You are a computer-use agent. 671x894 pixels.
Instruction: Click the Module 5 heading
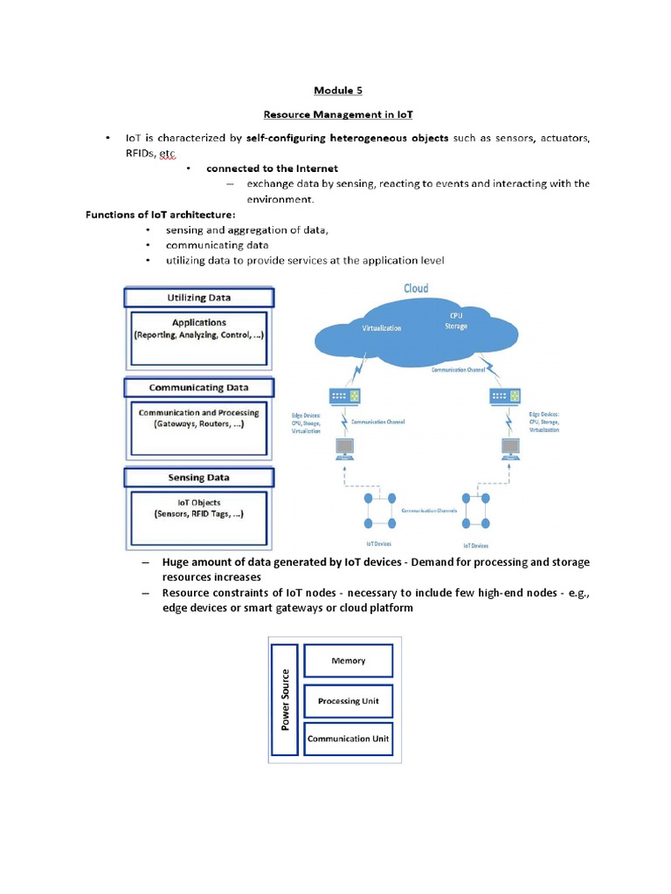click(x=335, y=90)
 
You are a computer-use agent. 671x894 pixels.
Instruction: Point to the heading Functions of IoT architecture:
click(x=160, y=215)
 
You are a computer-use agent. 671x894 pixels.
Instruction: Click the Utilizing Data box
click(x=199, y=298)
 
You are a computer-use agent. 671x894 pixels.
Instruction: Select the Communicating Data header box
click(x=199, y=387)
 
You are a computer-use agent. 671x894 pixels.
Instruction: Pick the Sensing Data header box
click(x=199, y=478)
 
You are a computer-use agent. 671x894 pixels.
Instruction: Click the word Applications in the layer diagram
click(x=199, y=322)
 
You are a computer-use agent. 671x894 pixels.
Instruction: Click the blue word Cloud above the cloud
click(x=415, y=288)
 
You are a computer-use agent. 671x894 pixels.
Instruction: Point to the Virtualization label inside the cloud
click(x=381, y=328)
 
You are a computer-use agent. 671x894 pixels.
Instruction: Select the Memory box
click(x=348, y=662)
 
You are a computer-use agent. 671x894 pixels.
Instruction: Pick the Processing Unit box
click(x=348, y=701)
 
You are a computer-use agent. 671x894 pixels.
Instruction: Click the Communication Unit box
click(x=348, y=739)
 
